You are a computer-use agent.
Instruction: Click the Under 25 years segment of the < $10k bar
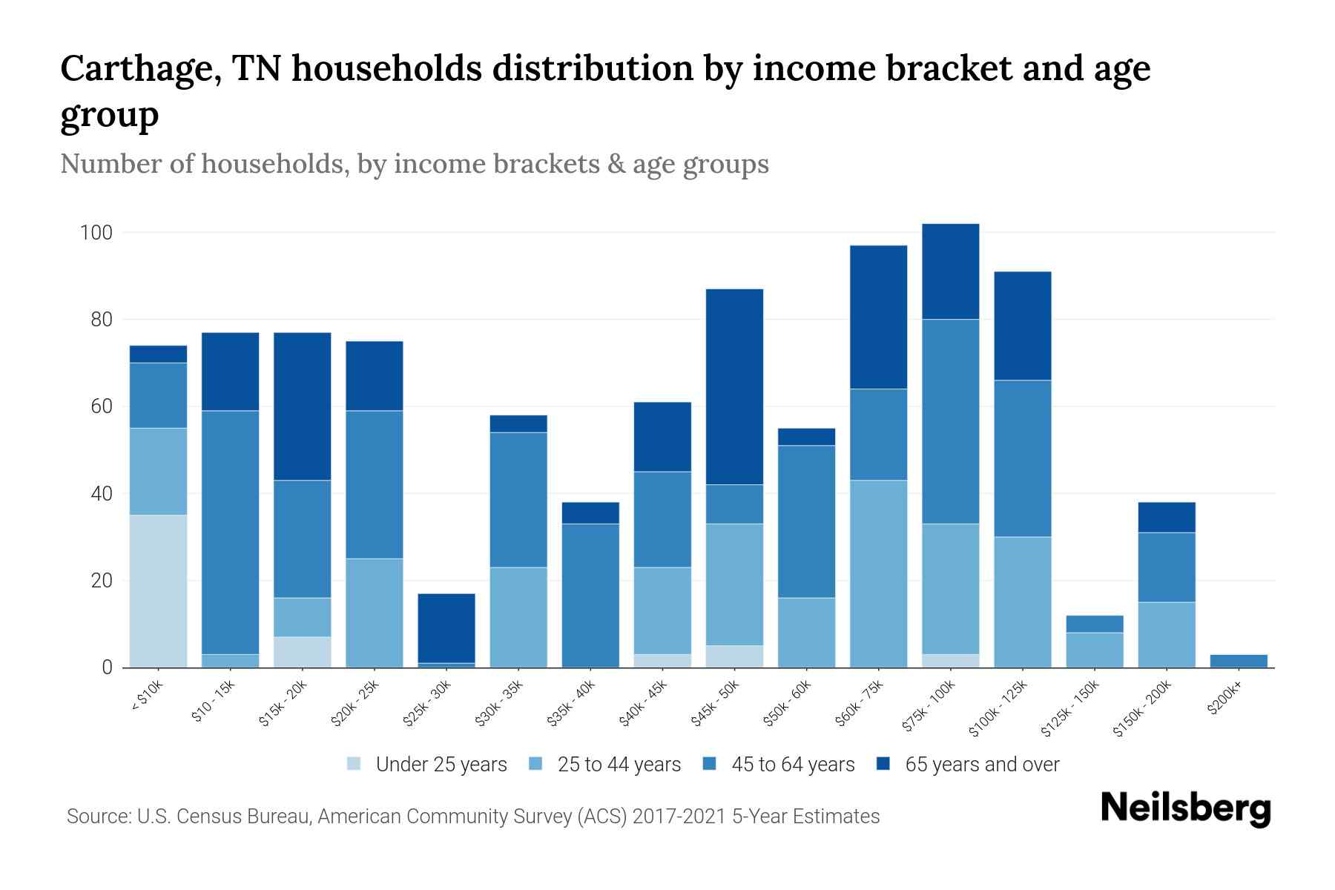click(158, 591)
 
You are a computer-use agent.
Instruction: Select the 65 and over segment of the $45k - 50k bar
click(734, 386)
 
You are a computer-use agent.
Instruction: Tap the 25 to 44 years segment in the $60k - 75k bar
click(878, 573)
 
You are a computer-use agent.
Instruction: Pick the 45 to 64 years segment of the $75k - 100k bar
click(950, 421)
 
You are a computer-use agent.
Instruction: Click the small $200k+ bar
click(1239, 661)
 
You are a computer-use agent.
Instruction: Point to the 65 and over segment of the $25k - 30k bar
click(446, 627)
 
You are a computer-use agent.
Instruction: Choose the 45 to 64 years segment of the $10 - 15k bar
click(231, 532)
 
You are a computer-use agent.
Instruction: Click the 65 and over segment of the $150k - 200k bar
click(1167, 517)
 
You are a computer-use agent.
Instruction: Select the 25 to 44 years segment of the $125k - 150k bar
click(1095, 650)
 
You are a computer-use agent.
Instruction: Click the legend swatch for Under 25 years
click(355, 764)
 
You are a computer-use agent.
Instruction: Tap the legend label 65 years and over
click(982, 765)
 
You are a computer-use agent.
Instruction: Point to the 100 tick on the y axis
click(96, 233)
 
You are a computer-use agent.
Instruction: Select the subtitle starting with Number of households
click(415, 164)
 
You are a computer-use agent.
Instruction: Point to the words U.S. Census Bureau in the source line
click(225, 817)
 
